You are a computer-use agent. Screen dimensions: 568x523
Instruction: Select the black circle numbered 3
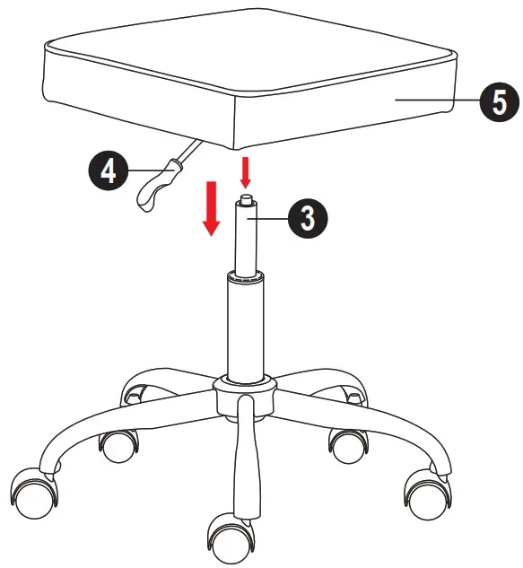[307, 218]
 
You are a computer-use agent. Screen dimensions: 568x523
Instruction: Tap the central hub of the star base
[243, 392]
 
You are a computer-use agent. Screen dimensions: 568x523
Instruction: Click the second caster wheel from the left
[118, 443]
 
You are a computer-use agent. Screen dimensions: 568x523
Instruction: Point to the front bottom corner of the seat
[236, 144]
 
